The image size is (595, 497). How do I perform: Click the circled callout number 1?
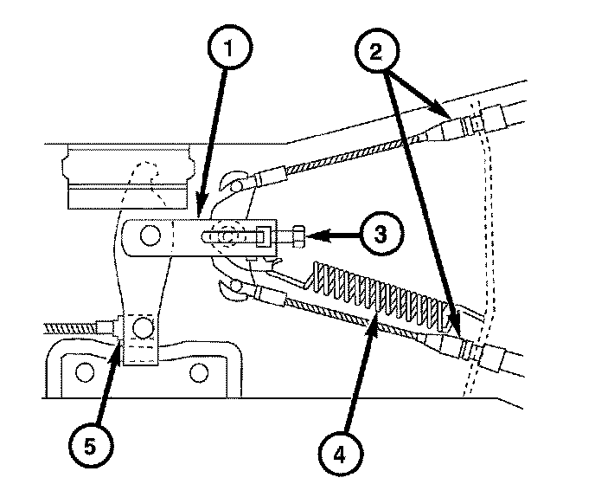pos(229,48)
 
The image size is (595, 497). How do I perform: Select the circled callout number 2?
pos(376,51)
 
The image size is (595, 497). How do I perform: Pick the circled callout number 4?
pos(340,453)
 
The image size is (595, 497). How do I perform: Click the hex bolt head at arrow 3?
pos(299,236)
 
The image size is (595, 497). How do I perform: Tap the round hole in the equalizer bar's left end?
pos(150,236)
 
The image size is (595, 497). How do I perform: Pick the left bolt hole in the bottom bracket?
pos(85,371)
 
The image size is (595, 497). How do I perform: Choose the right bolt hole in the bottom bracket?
pos(199,372)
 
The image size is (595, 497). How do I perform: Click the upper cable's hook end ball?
pos(238,186)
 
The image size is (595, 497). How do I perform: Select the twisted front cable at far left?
pos(70,327)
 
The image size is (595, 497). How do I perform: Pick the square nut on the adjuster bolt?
pos(265,236)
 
